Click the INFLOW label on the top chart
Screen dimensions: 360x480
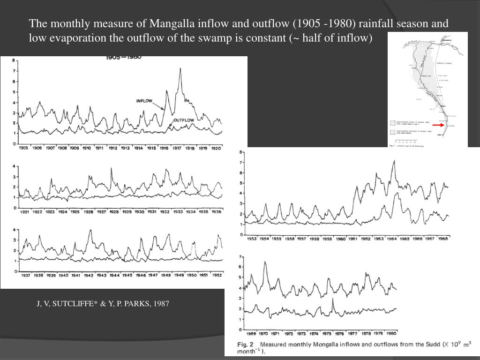pos(144,101)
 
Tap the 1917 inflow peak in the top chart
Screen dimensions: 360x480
pos(180,69)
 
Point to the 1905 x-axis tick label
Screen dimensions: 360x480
pos(24,148)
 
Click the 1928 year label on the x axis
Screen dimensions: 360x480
pos(114,212)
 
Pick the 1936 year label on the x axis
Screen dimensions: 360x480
pos(216,212)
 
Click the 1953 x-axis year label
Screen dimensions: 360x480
pos(252,239)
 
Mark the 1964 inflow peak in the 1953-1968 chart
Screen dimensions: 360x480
pos(394,161)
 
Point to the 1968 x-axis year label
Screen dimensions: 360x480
pos(442,239)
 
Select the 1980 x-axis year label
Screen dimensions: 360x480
pos(391,334)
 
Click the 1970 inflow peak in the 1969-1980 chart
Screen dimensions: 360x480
pos(265,262)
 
